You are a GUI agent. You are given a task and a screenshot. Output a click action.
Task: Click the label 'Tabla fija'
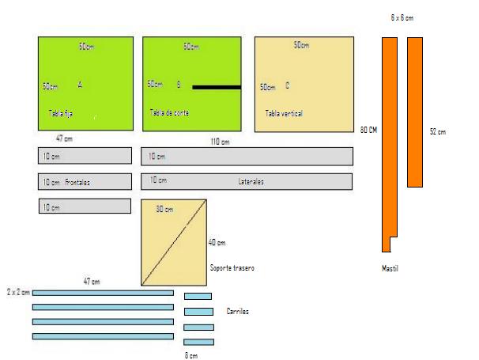61,114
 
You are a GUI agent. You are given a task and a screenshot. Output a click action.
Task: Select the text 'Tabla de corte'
168,113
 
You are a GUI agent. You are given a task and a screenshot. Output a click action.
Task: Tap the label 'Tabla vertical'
284,114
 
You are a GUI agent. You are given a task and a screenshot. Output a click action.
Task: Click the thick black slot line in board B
216,87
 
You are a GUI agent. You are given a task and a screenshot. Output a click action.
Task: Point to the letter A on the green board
79,84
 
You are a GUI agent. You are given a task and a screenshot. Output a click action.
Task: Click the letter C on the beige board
287,85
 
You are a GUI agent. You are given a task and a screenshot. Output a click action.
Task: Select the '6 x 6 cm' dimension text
402,17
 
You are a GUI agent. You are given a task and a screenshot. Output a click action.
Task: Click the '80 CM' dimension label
367,130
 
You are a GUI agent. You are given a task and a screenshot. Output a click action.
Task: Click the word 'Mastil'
390,268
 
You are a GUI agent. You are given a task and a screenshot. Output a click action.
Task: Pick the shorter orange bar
415,112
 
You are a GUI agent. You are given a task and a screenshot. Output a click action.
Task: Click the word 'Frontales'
77,182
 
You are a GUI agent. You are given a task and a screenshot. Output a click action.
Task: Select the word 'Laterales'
251,181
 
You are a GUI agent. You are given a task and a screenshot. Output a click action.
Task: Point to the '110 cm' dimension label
220,142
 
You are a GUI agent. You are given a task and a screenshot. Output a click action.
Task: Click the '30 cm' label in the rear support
164,209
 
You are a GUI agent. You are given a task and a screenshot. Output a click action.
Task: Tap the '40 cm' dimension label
217,242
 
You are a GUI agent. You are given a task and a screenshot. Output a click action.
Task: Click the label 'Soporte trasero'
233,268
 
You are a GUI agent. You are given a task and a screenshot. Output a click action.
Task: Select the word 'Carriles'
238,312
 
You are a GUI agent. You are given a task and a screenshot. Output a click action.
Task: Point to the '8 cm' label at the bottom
190,355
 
